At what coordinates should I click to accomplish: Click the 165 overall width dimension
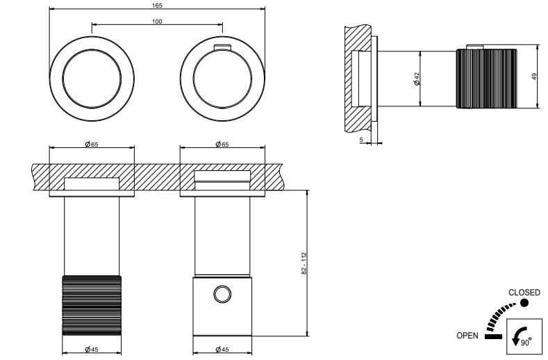[156, 6]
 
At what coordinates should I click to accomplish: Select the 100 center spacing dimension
[156, 22]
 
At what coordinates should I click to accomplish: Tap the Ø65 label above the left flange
[91, 144]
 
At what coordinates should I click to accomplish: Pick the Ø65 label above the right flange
[222, 144]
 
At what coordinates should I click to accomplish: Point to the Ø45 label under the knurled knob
[91, 349]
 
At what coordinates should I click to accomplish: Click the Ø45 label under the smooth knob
[222, 349]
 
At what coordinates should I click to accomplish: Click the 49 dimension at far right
[535, 77]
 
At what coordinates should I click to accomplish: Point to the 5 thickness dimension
[361, 140]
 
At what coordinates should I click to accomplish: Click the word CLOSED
[524, 293]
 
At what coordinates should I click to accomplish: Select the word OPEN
[467, 336]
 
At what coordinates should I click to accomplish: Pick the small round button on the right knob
[222, 295]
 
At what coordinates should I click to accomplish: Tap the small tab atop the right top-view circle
[222, 47]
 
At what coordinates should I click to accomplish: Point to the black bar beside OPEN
[494, 336]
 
